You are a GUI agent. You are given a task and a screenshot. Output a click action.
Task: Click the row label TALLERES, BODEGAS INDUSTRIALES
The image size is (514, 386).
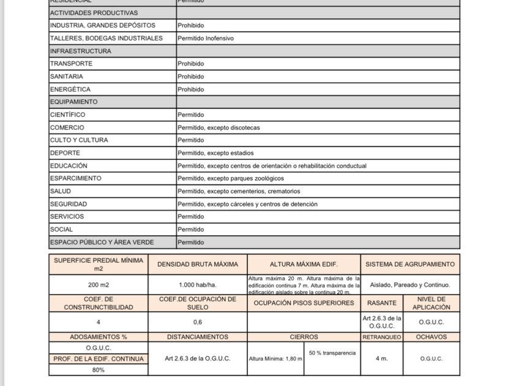pyautogui.click(x=106, y=38)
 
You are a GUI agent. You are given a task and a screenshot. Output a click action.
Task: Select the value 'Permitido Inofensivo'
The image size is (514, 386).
pyautogui.click(x=206, y=38)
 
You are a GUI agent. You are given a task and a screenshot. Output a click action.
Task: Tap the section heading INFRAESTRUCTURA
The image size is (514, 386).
pyautogui.click(x=81, y=51)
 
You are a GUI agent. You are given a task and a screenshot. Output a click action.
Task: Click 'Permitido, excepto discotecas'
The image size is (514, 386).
pyautogui.click(x=218, y=127)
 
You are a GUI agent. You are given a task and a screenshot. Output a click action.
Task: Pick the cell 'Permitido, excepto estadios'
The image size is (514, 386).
pyautogui.click(x=215, y=153)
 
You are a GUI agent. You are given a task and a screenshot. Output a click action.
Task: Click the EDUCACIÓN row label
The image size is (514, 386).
pyautogui.click(x=69, y=165)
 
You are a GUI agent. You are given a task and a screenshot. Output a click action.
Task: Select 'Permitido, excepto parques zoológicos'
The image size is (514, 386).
pyautogui.click(x=231, y=178)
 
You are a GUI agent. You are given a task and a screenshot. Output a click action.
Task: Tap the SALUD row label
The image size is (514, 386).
pyautogui.click(x=61, y=191)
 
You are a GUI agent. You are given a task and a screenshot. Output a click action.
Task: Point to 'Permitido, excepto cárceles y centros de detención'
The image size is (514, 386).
pyautogui.click(x=247, y=204)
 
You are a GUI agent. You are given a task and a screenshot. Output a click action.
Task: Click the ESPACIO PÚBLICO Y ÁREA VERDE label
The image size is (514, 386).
pyautogui.click(x=102, y=242)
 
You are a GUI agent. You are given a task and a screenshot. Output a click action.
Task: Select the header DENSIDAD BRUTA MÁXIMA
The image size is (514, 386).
pyautogui.click(x=198, y=265)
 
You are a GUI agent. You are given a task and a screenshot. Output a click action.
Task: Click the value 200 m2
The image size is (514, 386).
pyautogui.click(x=99, y=285)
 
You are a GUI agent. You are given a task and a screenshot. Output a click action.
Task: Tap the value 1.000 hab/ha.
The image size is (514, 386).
pyautogui.click(x=198, y=285)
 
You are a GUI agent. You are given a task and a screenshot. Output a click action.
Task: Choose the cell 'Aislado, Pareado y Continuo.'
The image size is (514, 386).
pyautogui.click(x=410, y=285)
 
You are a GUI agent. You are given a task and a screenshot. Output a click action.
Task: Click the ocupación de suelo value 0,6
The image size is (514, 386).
pyautogui.click(x=198, y=322)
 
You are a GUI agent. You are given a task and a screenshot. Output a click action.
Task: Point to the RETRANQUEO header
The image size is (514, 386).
pyautogui.click(x=382, y=337)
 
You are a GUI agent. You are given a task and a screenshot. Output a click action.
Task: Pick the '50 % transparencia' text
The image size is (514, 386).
pyautogui.click(x=332, y=353)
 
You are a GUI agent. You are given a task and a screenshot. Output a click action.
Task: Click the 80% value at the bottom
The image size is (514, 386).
pyautogui.click(x=99, y=370)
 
